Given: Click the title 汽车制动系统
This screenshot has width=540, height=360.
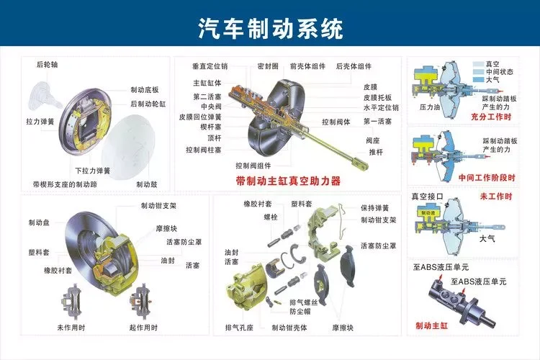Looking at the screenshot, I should [270, 28].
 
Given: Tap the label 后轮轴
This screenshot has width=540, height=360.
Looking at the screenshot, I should [48, 65].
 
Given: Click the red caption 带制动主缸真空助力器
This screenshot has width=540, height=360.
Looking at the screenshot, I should [288, 180].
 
